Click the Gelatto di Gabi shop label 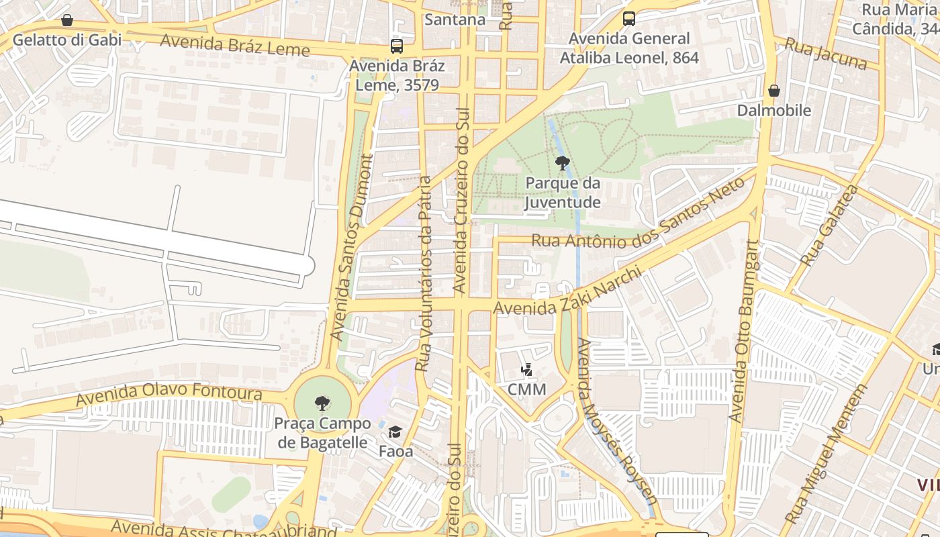pyautogui.click(x=67, y=40)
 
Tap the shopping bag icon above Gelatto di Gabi pyautogui.click(x=66, y=20)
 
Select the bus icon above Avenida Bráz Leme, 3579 pyautogui.click(x=397, y=46)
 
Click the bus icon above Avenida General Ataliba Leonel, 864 pyautogui.click(x=629, y=19)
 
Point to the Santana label pyautogui.click(x=455, y=19)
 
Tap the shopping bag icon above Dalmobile pyautogui.click(x=774, y=90)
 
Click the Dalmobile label pyautogui.click(x=774, y=110)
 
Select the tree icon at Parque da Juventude pyautogui.click(x=563, y=162)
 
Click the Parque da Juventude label pyautogui.click(x=563, y=193)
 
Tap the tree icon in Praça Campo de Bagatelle pyautogui.click(x=322, y=403)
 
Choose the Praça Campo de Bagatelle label pyautogui.click(x=322, y=433)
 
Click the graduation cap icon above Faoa pyautogui.click(x=395, y=432)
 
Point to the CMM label pyautogui.click(x=526, y=389)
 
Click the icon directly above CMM pyautogui.click(x=527, y=370)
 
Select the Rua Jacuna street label pyautogui.click(x=826, y=54)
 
